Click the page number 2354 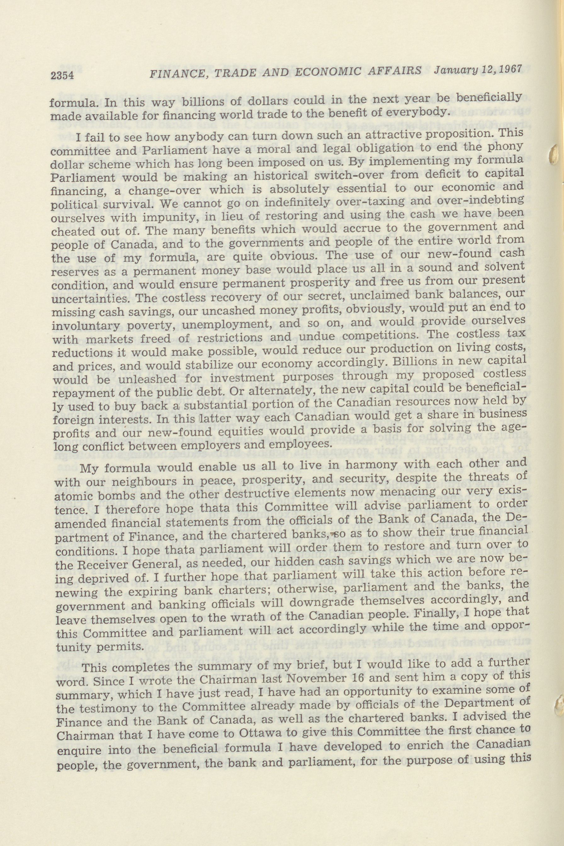coord(62,75)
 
